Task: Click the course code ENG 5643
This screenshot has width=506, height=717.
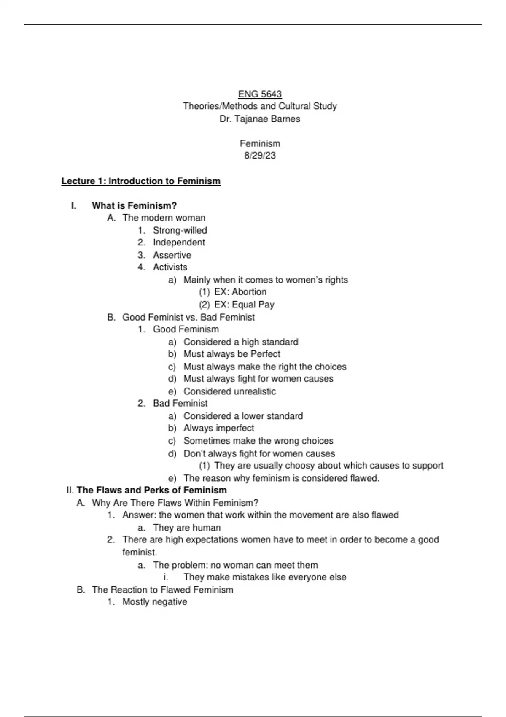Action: click(x=260, y=94)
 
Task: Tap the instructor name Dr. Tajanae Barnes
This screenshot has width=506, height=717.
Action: click(x=260, y=119)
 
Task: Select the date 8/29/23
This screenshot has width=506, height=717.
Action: click(x=260, y=156)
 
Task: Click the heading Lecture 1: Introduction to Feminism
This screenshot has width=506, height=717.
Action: click(x=141, y=181)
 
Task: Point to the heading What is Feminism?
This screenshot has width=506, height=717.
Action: click(x=134, y=206)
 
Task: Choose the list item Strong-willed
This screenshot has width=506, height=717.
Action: click(x=180, y=230)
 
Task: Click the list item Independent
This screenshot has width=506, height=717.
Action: click(x=179, y=243)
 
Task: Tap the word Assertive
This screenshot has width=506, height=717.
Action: click(x=172, y=255)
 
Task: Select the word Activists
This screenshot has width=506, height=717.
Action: click(x=170, y=267)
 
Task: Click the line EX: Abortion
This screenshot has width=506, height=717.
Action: click(x=240, y=292)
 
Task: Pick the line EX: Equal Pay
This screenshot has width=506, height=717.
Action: click(x=244, y=305)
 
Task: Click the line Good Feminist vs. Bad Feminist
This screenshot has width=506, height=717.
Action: click(x=188, y=317)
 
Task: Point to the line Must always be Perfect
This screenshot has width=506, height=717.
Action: click(x=231, y=354)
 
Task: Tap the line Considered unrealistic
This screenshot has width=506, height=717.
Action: click(x=229, y=391)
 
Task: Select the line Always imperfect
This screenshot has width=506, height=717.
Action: click(x=218, y=428)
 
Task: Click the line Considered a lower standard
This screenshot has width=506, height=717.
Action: click(x=243, y=416)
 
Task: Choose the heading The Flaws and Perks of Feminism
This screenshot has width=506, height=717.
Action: click(x=151, y=490)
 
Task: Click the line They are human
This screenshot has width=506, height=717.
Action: click(x=187, y=528)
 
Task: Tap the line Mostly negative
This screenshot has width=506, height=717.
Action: click(x=155, y=602)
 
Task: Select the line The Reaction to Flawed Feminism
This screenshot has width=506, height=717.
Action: click(x=162, y=590)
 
